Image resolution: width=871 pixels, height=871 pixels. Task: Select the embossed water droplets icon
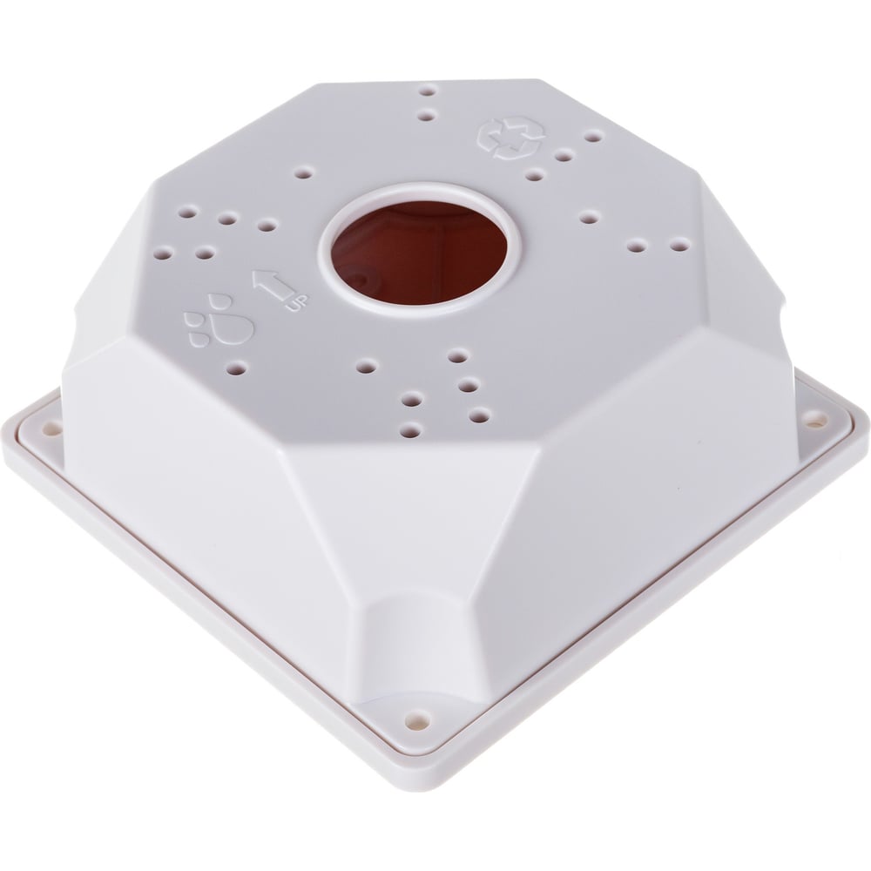coord(219,322)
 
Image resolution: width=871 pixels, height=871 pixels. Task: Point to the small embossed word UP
coord(298,302)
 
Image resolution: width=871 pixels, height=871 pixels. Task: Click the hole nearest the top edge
coord(429,90)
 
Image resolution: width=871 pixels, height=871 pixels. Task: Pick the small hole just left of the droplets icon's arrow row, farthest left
coord(165,254)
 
